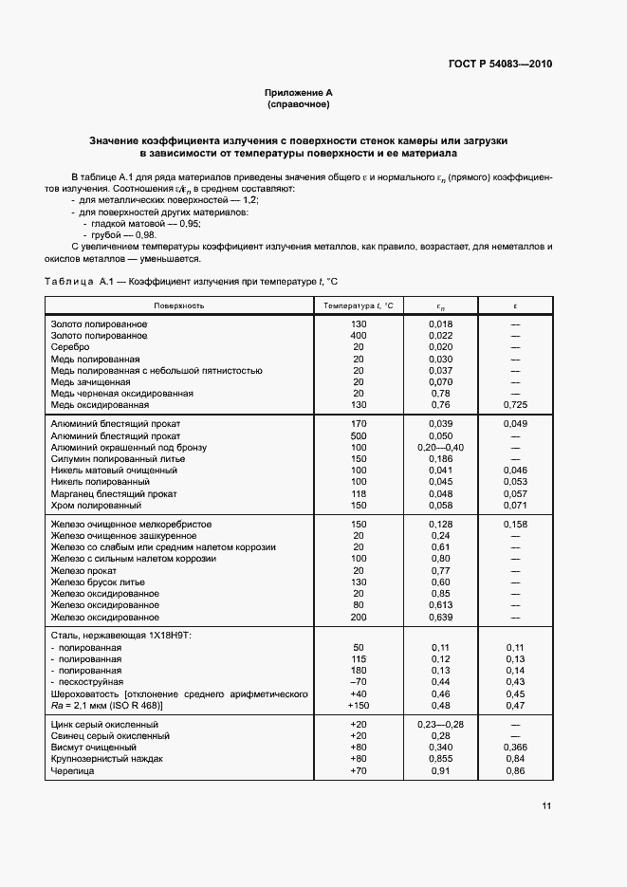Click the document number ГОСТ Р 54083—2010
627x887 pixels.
(499, 65)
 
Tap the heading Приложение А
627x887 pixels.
(298, 93)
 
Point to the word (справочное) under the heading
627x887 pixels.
(298, 104)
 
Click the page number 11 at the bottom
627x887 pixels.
(545, 806)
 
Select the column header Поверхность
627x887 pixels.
(180, 305)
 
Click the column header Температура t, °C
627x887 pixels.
(359, 305)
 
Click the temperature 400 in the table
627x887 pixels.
(359, 336)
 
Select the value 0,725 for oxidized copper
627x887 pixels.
(515, 404)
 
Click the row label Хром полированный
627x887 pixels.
(96, 506)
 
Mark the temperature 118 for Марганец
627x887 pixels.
(359, 494)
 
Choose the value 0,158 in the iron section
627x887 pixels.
(515, 525)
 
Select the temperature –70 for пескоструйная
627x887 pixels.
(359, 682)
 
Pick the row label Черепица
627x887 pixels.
(73, 770)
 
